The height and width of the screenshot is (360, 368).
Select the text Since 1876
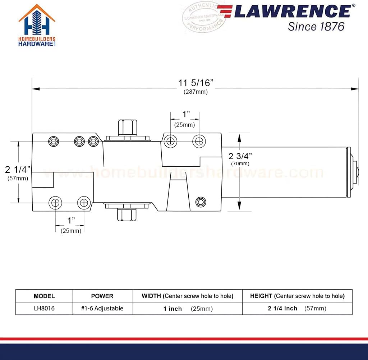pyautogui.click(x=316, y=26)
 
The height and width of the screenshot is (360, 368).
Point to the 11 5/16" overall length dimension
pyautogui.click(x=195, y=83)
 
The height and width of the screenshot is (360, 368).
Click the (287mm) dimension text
pyautogui.click(x=195, y=92)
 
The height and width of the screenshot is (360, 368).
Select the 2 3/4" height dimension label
pyautogui.click(x=240, y=156)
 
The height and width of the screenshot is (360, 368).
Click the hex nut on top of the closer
pyautogui.click(x=128, y=127)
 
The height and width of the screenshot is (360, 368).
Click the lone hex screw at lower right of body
pyautogui.click(x=201, y=202)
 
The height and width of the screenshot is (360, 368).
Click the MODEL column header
pyautogui.click(x=44, y=296)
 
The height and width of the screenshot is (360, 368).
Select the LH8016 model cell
pyautogui.click(x=44, y=308)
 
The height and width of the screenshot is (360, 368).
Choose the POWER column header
pyautogui.click(x=102, y=296)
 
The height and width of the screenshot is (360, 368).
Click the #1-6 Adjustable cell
pyautogui.click(x=102, y=308)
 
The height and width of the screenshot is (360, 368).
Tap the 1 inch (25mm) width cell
pyautogui.click(x=187, y=309)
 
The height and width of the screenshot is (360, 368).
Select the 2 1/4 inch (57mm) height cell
pyautogui.click(x=297, y=309)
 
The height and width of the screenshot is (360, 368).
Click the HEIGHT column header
pyautogui.click(x=297, y=296)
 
